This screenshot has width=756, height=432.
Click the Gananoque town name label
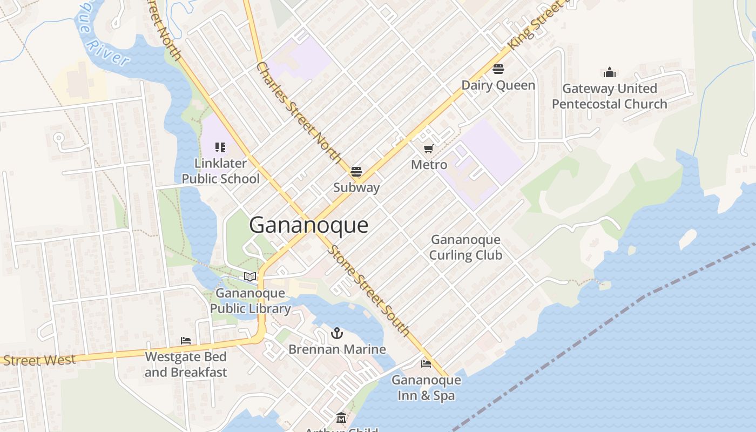pos(308,225)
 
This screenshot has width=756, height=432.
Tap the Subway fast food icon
pos(356,172)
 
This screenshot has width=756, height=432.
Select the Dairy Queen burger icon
pos(498,69)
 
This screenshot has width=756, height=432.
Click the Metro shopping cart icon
pos(429,148)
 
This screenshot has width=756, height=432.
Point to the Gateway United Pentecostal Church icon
pos(610,72)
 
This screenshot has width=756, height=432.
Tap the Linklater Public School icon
pos(220,147)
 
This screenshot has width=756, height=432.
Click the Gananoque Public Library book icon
pos(249,277)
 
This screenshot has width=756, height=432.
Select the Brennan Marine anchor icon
pos(337,333)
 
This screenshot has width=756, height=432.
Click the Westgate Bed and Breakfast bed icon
pos(186,341)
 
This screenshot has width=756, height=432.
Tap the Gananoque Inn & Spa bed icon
pos(426,363)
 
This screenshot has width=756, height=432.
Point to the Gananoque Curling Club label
pos(465,247)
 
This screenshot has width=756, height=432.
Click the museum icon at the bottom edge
pos(341,418)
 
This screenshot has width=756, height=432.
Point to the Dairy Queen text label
pos(498,85)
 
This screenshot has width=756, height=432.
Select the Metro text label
pos(429,165)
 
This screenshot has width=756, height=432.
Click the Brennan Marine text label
pos(337,349)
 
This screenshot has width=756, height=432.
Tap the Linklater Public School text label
pos(220,171)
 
